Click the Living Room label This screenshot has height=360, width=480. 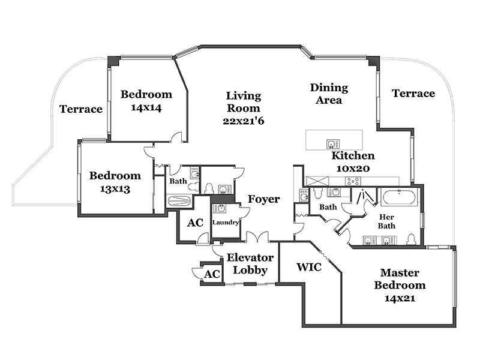click(x=243, y=108)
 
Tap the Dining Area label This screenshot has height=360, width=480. click(x=329, y=94)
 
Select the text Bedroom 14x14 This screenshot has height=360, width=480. click(x=146, y=101)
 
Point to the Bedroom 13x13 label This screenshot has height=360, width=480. click(x=115, y=182)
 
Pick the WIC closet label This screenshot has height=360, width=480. click(x=310, y=267)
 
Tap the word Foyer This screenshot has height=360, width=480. click(x=263, y=199)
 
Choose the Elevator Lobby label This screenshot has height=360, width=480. click(x=250, y=264)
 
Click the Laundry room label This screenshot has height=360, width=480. click(x=226, y=223)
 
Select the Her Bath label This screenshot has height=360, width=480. click(x=387, y=221)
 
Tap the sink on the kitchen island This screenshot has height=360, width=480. click(x=330, y=143)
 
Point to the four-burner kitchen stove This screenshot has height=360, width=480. click(x=353, y=181)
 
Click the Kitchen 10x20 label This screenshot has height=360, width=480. click(x=353, y=161)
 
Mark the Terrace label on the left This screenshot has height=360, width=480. click(x=81, y=109)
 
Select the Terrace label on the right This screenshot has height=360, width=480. click(x=413, y=94)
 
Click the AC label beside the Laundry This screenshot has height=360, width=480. click(x=195, y=223)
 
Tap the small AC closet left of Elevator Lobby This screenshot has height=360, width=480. click(x=211, y=274)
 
